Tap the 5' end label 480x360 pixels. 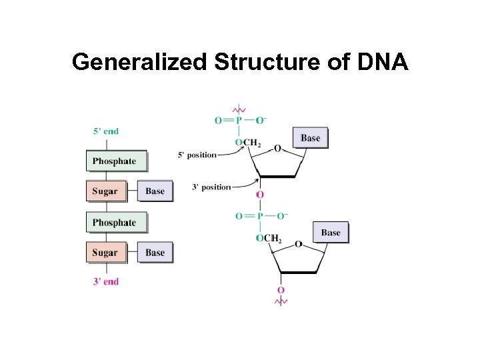click(105, 131)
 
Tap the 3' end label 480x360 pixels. click(105, 281)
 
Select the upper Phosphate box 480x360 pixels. click(115, 161)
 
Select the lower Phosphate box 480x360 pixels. click(115, 222)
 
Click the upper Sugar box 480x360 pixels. click(105, 191)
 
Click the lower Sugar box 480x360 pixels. click(105, 253)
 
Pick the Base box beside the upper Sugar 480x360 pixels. click(155, 191)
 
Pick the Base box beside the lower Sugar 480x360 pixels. click(155, 253)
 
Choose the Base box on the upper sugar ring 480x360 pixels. click(310, 138)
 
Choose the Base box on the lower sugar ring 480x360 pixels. click(330, 233)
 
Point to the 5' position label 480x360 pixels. click(197, 155)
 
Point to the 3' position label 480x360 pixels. click(211, 187)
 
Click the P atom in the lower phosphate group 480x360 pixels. click(260, 216)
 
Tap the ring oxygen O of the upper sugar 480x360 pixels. click(277, 148)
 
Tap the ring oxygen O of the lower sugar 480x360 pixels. click(298, 244)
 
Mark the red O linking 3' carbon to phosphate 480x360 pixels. click(260, 195)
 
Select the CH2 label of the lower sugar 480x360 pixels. click(273, 239)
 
